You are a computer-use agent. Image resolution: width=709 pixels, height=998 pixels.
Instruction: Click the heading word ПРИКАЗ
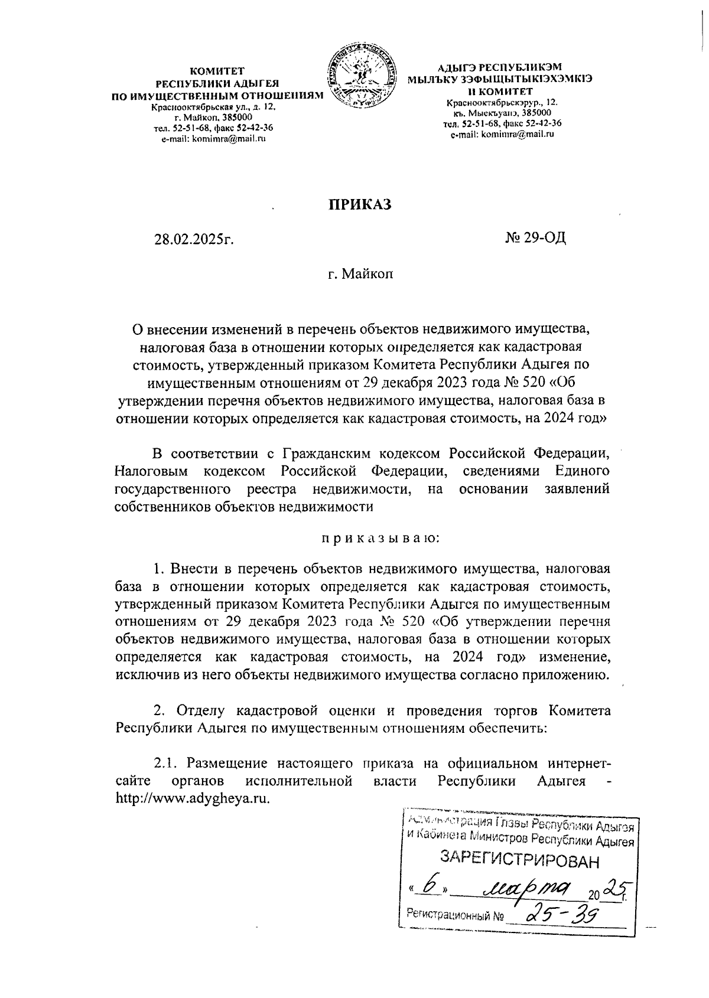tap(360, 204)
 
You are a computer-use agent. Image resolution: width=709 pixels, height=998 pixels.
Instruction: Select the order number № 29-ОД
tap(535, 238)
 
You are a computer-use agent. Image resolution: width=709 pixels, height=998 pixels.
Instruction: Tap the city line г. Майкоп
tap(360, 274)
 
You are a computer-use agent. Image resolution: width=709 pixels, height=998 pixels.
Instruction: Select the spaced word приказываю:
tap(379, 539)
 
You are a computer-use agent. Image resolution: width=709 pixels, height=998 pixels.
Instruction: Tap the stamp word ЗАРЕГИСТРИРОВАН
tap(520, 861)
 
